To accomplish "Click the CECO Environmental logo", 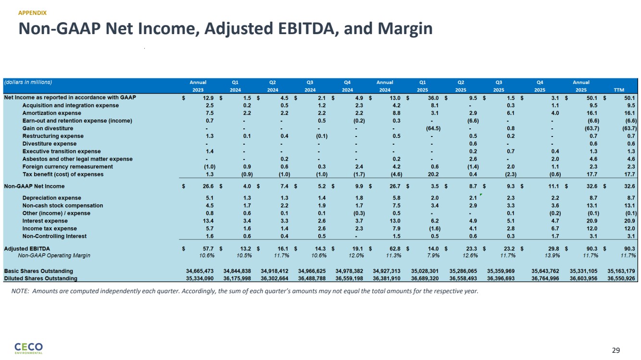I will click(28, 348).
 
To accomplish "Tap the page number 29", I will click(616, 350).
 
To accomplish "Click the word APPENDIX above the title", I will click(33, 13).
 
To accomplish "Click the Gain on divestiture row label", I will click(48, 128).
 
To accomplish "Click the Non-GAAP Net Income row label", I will click(34, 186).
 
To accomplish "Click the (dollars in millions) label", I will click(28, 82).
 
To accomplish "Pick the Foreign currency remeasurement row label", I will click(67, 167).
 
